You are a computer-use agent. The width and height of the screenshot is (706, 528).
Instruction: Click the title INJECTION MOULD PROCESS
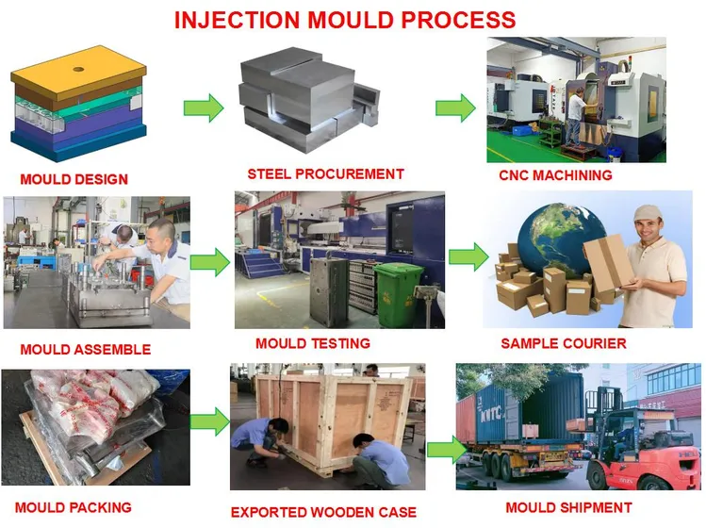click(345, 19)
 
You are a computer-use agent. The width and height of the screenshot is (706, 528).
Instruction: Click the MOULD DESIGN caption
click(74, 179)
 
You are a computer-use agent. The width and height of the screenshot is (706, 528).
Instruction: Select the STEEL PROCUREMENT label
click(325, 173)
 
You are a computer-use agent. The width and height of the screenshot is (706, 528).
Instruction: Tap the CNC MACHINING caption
click(555, 174)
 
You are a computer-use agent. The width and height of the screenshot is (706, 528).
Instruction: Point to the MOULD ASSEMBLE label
click(85, 349)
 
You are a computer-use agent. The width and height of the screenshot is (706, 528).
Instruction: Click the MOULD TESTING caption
click(313, 343)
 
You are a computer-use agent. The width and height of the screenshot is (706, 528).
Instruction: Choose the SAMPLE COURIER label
click(563, 343)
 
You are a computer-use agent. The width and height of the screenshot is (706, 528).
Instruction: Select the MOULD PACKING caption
click(74, 507)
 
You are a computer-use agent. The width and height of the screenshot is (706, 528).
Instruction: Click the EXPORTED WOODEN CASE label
click(323, 512)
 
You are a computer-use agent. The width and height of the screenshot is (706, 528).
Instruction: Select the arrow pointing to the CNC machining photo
click(455, 106)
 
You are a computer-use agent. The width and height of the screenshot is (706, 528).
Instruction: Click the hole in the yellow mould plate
click(76, 69)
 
